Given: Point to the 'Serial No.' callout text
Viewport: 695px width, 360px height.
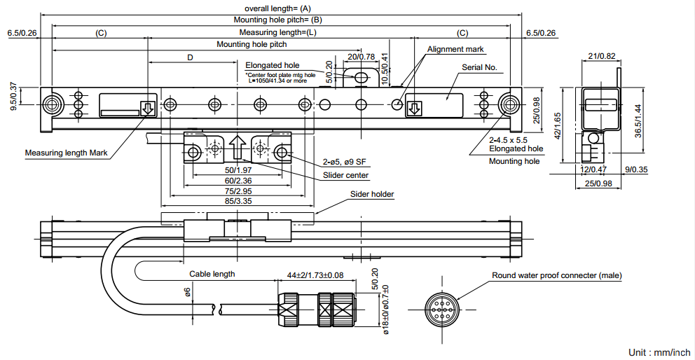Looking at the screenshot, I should point(479,67).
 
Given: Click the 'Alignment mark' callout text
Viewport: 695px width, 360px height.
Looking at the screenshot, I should point(455,49).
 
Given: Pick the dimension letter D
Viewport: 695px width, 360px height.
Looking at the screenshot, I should point(190,57).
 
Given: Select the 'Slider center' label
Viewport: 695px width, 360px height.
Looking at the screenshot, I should point(345,175).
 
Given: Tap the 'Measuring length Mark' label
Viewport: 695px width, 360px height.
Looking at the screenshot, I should point(67,153).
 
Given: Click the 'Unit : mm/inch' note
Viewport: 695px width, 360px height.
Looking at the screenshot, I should point(659,352).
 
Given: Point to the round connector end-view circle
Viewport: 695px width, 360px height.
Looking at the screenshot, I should point(443,308).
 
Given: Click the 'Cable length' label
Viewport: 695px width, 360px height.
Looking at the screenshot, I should point(212,274).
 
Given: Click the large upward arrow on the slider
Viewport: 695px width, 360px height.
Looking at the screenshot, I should point(237,148).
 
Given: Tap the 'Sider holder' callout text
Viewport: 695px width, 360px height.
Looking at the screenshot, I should point(372,194).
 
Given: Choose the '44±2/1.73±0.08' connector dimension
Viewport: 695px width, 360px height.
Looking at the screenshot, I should point(315,275).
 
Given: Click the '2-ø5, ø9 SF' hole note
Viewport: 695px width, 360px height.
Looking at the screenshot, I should point(343,162).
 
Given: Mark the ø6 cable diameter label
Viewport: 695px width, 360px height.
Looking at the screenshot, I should point(188,292).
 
